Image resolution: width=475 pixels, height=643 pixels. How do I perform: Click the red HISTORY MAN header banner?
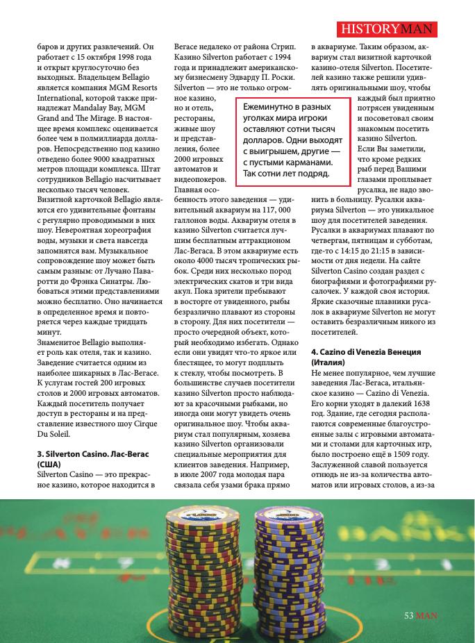tap(387, 29)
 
